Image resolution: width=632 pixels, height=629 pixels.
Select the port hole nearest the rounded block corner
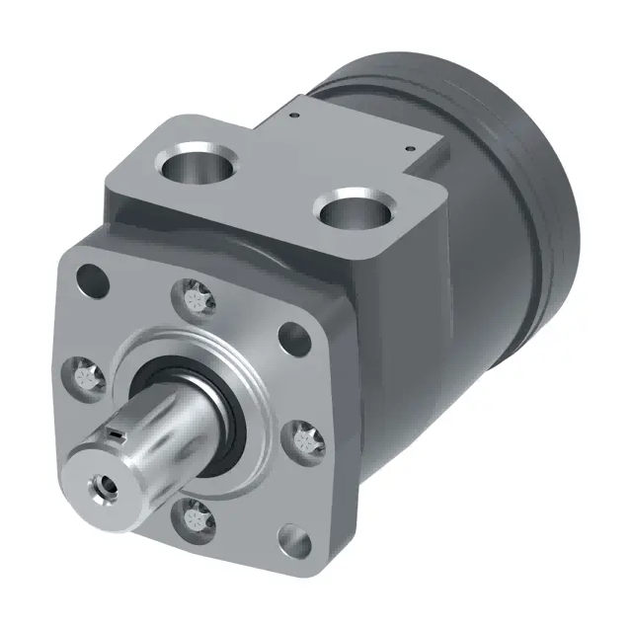click(353, 209)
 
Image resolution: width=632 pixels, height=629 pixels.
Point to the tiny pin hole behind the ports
click(295, 114)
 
